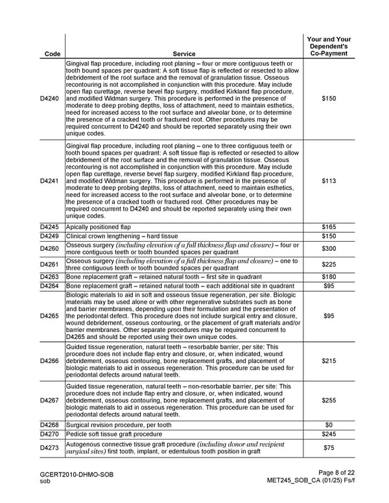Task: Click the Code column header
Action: [x=49, y=54]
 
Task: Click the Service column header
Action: [x=184, y=54]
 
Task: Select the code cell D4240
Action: [x=49, y=99]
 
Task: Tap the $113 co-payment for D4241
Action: [x=329, y=181]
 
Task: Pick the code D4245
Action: [x=49, y=227]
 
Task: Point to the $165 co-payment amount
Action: [x=329, y=227]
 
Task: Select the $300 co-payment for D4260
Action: [x=329, y=248]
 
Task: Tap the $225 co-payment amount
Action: [x=329, y=264]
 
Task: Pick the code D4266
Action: [x=49, y=361]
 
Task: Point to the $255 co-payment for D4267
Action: [x=329, y=400]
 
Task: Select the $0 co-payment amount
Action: [x=329, y=425]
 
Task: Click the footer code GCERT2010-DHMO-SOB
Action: [x=77, y=475]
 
